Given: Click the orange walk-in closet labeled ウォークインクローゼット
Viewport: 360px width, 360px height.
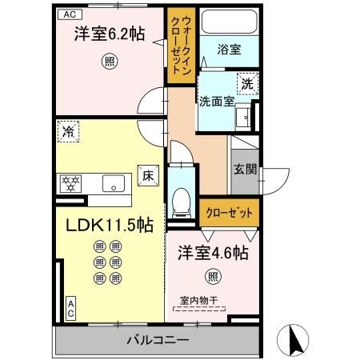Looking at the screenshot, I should (178, 46).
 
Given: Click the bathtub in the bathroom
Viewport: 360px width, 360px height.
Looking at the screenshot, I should (231, 23).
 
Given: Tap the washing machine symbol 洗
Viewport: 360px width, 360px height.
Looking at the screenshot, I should (248, 82).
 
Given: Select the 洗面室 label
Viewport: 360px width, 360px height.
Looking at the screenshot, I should (216, 102).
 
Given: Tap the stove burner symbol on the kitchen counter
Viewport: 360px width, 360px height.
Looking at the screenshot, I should (70, 183).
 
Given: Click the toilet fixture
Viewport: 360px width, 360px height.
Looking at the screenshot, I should (182, 195).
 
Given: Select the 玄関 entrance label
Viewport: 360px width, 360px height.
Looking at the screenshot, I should (245, 170).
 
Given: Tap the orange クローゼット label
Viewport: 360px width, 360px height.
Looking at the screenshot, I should (229, 213).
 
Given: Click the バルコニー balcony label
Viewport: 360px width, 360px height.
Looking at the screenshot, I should (157, 340).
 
